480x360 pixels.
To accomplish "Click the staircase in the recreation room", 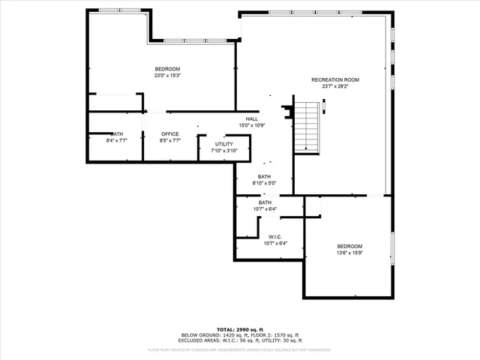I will click(306, 126).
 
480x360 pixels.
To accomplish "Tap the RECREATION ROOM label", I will click(335, 79).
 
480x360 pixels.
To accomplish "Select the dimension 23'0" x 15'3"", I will click(167, 75).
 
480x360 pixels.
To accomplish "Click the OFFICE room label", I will click(170, 134).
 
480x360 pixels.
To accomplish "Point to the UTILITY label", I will click(224, 144).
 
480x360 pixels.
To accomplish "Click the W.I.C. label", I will click(275, 237).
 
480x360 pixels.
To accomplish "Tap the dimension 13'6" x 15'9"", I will click(349, 253).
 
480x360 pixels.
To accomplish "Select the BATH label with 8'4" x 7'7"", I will click(117, 134).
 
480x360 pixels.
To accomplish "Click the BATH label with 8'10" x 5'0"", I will click(264, 176).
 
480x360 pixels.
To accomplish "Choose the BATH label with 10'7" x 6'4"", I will click(265, 202).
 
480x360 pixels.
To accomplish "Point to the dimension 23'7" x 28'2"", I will click(335, 86).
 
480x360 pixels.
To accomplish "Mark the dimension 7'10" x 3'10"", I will click(224, 151).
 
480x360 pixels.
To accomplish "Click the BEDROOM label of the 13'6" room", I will click(349, 247).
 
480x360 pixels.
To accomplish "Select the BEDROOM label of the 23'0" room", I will click(167, 69).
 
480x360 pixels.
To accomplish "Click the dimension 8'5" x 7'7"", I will click(170, 140).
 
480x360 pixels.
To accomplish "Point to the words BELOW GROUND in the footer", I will click(198, 334).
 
